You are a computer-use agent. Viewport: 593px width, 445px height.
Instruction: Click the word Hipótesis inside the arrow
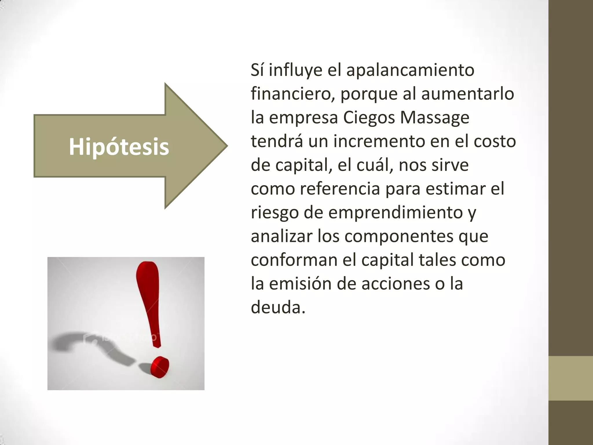119,147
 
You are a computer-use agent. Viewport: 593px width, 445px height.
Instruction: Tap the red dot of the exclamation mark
160,367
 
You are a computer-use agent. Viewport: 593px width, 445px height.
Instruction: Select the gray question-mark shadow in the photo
87,345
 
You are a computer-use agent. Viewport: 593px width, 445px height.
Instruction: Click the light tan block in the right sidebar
571,378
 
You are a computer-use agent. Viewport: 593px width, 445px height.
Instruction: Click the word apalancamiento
410,70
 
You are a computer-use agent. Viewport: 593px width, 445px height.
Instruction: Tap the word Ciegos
369,118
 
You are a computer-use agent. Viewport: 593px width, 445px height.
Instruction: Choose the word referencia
340,189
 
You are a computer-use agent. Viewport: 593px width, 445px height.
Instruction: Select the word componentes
399,236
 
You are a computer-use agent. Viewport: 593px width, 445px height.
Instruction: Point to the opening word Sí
257,70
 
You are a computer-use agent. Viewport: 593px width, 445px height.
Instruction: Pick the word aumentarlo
467,94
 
